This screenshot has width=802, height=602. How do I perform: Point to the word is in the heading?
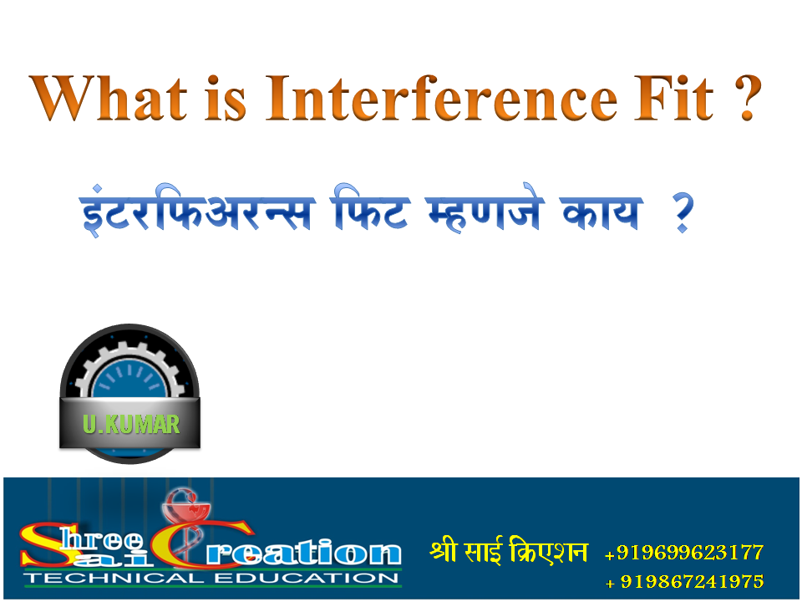(226, 99)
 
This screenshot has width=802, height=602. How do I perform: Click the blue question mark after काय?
(683, 216)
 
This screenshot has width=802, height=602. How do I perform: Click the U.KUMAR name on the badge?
(130, 424)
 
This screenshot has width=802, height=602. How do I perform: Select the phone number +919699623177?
(683, 553)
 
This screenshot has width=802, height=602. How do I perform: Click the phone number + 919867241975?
(683, 581)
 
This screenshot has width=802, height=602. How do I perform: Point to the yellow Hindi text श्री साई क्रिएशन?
(509, 553)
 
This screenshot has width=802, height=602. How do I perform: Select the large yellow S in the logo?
(42, 548)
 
